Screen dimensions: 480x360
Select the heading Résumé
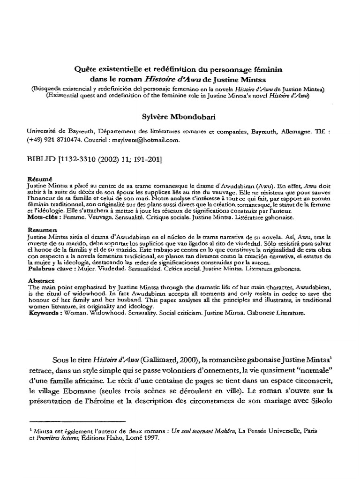point(39,179)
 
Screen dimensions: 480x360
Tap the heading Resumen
point(41,230)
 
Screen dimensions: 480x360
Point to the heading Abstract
point(41,280)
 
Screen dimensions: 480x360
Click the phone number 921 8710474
point(62,140)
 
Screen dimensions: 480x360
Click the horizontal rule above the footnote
point(77,421)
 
